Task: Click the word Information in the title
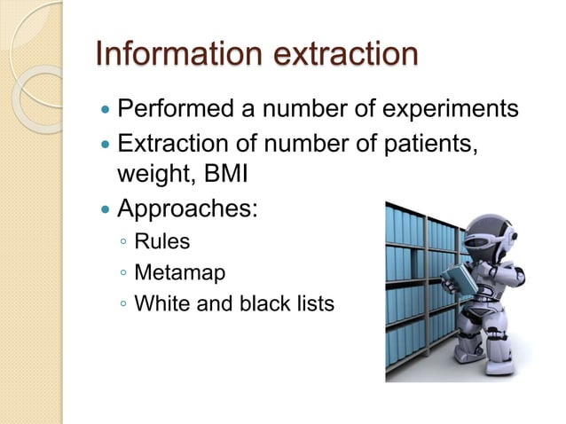166,52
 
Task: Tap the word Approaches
187,210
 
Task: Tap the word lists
315,303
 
